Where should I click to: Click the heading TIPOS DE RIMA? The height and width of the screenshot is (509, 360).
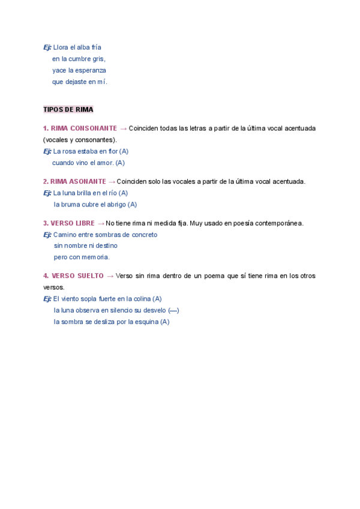[x=68, y=110]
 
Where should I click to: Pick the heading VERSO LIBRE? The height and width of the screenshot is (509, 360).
[x=73, y=223]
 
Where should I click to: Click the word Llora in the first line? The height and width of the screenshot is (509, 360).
[x=61, y=47]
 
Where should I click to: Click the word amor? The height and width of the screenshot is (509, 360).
[x=105, y=163]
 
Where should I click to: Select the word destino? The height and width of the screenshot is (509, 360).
[x=105, y=246]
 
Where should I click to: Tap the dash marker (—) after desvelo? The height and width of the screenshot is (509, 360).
[x=173, y=310]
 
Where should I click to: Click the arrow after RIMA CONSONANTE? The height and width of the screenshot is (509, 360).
[x=123, y=128]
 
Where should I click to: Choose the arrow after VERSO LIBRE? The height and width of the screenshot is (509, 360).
[x=100, y=223]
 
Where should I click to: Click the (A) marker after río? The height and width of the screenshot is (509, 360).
[x=123, y=193]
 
